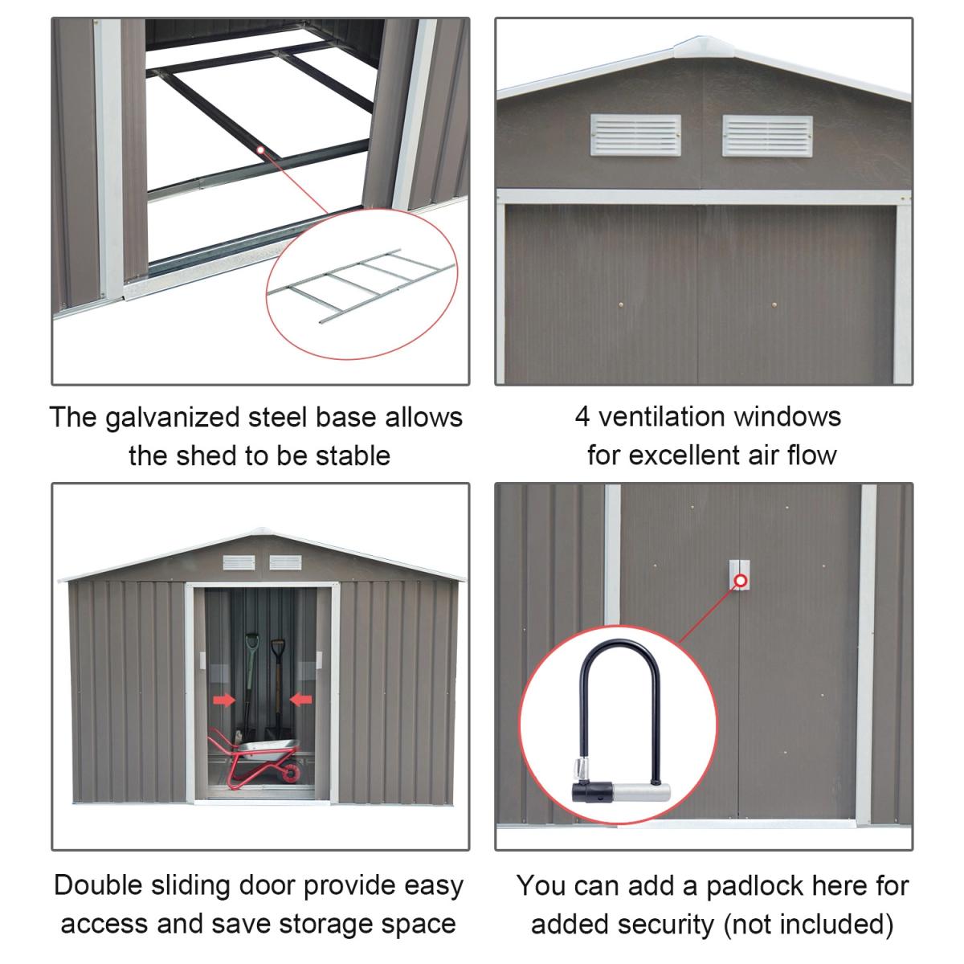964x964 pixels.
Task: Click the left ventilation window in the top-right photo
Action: tap(635, 135)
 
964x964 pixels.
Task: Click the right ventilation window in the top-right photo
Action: tap(767, 136)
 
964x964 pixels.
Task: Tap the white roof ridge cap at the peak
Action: tap(704, 46)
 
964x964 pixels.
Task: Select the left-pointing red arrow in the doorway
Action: tap(301, 699)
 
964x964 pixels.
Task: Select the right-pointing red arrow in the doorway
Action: tap(224, 700)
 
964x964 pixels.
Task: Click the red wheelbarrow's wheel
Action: tap(291, 773)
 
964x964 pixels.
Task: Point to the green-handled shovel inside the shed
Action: tap(251, 685)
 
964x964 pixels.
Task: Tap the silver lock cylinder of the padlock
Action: tap(641, 792)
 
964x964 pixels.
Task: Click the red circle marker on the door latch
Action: tap(741, 581)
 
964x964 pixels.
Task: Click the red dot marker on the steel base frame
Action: tap(260, 149)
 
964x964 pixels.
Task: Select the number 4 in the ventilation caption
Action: tap(582, 417)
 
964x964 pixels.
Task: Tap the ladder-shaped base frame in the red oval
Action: tap(361, 285)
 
